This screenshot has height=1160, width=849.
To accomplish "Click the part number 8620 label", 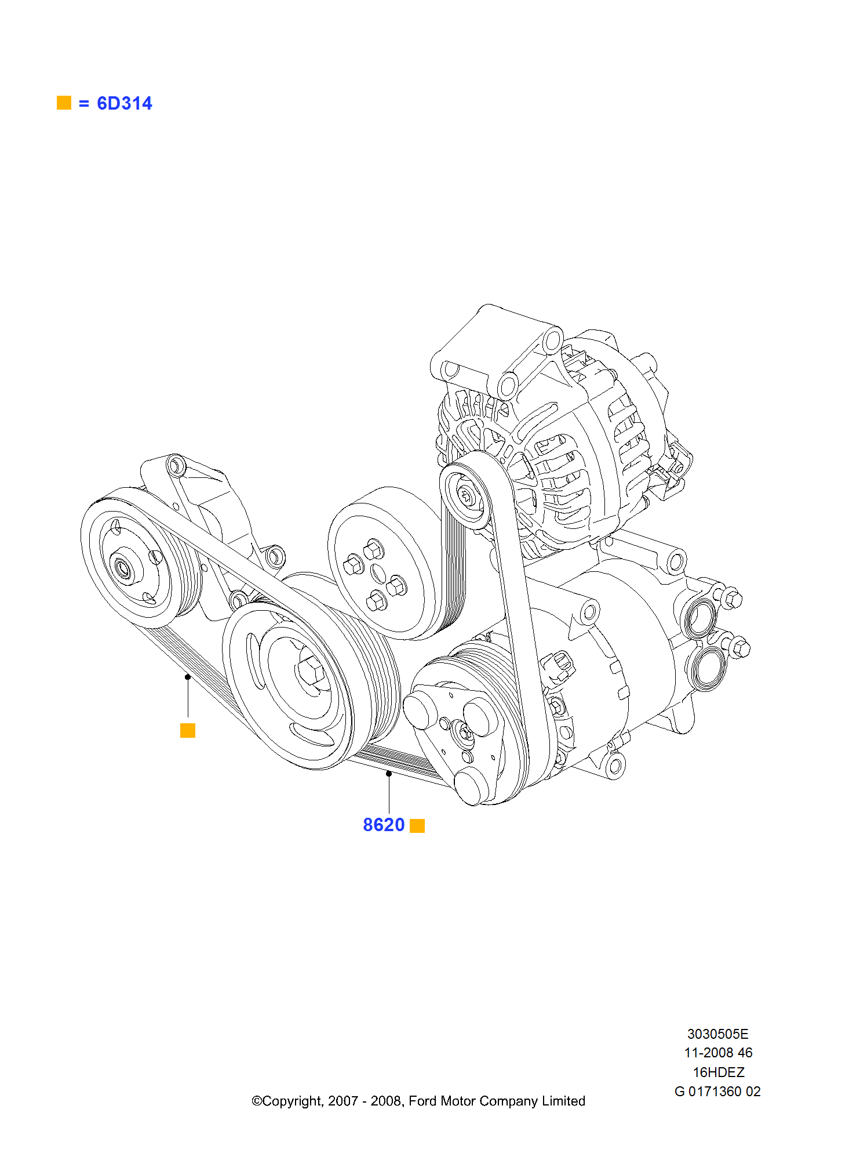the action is pos(383,825).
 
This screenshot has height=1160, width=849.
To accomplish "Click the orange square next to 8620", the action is pos(417,825).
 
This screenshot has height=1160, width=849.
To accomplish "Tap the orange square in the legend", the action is pos(64,103).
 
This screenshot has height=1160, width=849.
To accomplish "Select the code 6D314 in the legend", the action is pos(124,103).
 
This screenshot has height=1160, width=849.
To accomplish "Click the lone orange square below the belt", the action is pos(188,730).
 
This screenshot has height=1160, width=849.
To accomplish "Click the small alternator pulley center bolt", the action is pos(467,495).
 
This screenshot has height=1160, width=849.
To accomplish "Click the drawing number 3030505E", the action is pos(717,1034).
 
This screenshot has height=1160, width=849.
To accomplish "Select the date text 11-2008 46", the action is pos(718,1053).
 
